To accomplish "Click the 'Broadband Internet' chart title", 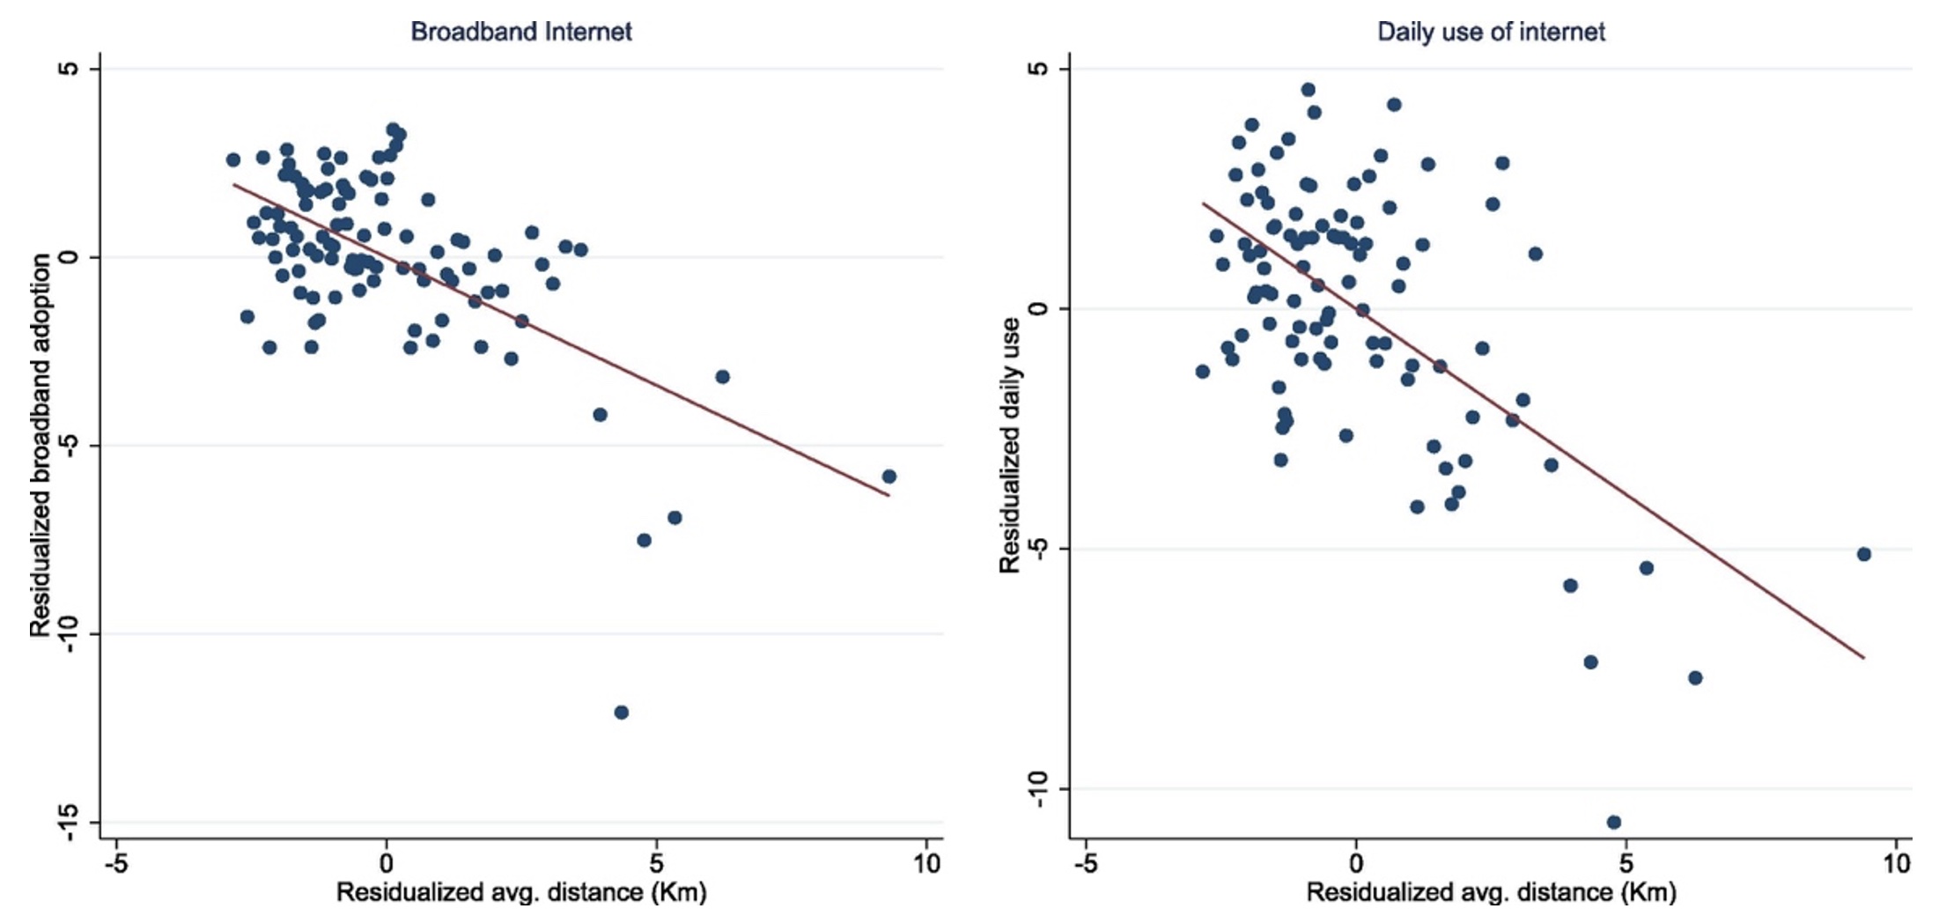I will (x=521, y=32).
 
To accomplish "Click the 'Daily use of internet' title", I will (x=1491, y=32).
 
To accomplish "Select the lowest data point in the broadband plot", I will (x=622, y=712).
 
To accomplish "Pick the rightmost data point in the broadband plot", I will (x=889, y=476).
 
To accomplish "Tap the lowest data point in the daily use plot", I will (x=1614, y=822).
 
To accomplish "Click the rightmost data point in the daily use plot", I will (x=1864, y=554).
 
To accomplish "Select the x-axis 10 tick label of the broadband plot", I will (x=926, y=864).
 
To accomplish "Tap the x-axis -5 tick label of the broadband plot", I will (x=116, y=864).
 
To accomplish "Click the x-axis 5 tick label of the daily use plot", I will (x=1626, y=864).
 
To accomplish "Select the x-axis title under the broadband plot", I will (x=521, y=893).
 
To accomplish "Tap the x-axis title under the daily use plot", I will (x=1491, y=893).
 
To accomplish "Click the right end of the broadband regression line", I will (x=888, y=496).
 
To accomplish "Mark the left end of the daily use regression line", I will (x=1204, y=203).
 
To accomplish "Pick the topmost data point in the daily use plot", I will (x=1309, y=90).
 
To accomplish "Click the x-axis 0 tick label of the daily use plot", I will (x=1356, y=864).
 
